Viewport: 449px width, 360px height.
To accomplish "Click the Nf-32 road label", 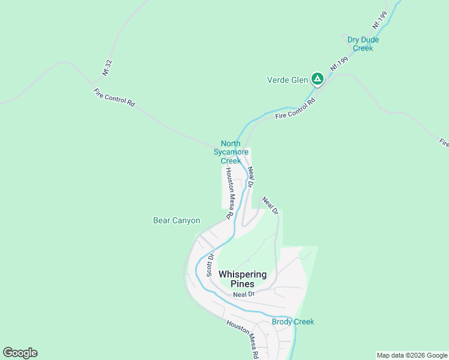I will point(107,68).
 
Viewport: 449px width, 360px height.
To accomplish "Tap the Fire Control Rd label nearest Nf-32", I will point(115,97).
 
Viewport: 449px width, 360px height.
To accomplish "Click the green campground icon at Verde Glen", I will point(318,79).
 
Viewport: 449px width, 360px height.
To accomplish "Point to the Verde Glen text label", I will point(287,80).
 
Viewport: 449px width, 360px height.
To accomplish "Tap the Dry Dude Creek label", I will point(363,44).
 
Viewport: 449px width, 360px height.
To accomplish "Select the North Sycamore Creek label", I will point(231,152).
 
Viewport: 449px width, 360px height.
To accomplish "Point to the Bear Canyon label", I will point(176,221).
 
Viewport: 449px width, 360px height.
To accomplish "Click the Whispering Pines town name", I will point(243,279).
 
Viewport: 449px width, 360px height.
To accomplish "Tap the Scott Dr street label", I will point(211,264).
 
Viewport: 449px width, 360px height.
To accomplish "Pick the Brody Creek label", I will point(293,322).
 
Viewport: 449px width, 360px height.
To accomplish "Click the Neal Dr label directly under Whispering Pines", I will point(244,294).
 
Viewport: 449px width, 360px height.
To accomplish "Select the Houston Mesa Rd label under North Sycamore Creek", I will point(229,193).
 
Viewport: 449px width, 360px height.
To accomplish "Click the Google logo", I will point(20,353).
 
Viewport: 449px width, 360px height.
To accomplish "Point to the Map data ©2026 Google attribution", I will point(412,355).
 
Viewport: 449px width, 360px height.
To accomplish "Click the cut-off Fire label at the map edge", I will point(444,143).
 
